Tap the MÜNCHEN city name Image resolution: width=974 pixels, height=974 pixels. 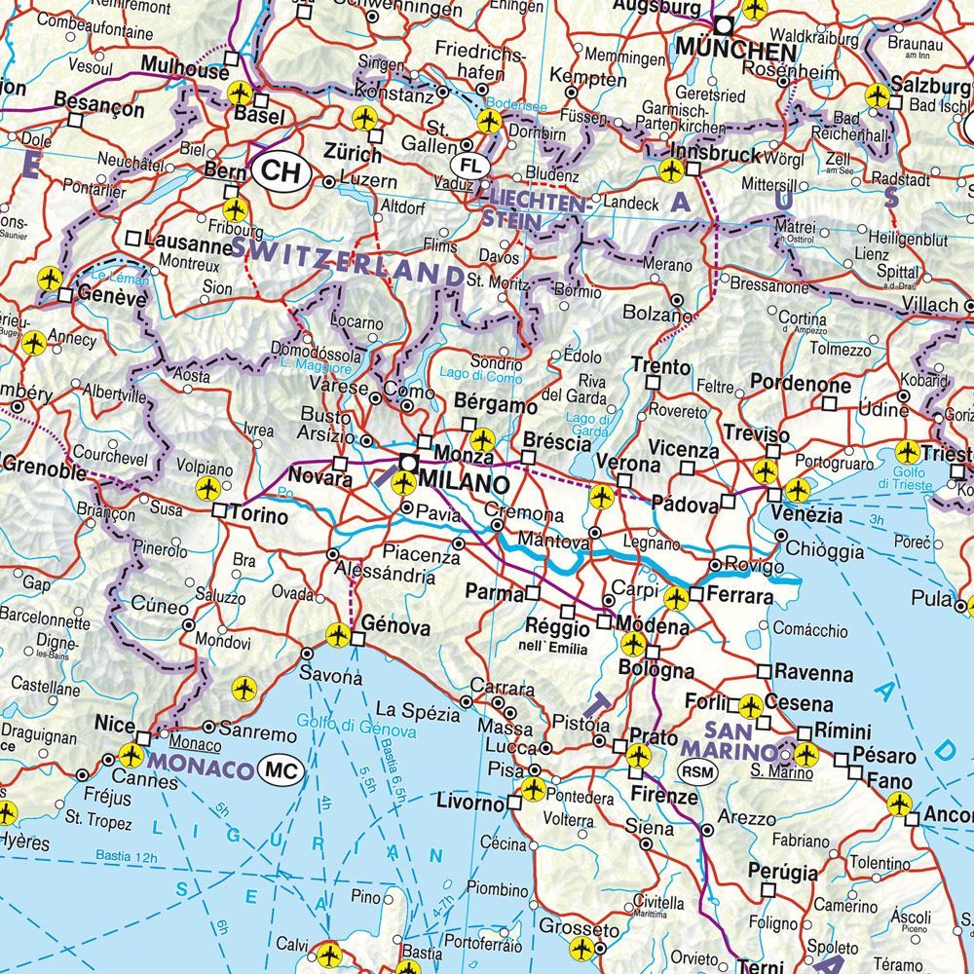736,49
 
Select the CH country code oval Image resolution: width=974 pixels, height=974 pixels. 281,172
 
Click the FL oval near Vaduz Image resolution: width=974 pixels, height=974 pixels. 472,163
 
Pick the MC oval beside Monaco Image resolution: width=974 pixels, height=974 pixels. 282,771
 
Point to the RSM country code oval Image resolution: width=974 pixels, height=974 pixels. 695,772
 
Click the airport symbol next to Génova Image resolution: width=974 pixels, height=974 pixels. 338,635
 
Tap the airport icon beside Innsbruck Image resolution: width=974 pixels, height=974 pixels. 670,170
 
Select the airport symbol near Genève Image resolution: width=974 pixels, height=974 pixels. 49,281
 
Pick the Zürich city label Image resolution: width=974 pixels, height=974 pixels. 353,154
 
